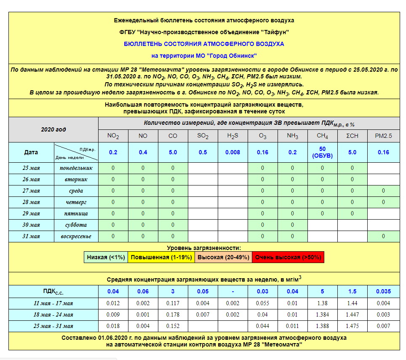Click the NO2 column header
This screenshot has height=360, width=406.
pos(113,136)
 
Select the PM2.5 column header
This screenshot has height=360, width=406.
pos(383,136)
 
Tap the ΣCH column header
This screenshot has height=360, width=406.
pos(352,136)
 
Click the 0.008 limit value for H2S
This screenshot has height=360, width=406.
pos(232,152)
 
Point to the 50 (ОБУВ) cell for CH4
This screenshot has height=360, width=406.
pos(322,152)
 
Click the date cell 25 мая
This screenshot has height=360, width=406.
pos(31,168)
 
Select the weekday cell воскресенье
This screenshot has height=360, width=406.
pos(76,236)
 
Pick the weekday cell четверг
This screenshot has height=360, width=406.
pos(76,202)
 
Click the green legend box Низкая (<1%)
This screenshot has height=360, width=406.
pos(106,257)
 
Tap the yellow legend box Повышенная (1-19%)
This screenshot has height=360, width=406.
pos(160,257)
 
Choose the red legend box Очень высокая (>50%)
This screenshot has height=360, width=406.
pos(288,257)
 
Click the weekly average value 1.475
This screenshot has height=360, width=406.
pos(352,326)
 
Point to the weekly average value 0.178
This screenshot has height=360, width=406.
pos(173,314)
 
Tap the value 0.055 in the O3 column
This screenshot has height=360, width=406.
pos(262,303)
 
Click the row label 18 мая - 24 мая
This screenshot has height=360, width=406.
pos(53,314)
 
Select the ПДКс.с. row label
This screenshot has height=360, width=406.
pos(53,291)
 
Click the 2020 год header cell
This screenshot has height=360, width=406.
pos(53,129)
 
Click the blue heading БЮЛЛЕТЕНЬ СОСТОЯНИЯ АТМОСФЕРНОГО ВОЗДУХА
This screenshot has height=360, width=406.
pos(204,44)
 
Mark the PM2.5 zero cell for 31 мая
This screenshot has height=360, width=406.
pos(383,236)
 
